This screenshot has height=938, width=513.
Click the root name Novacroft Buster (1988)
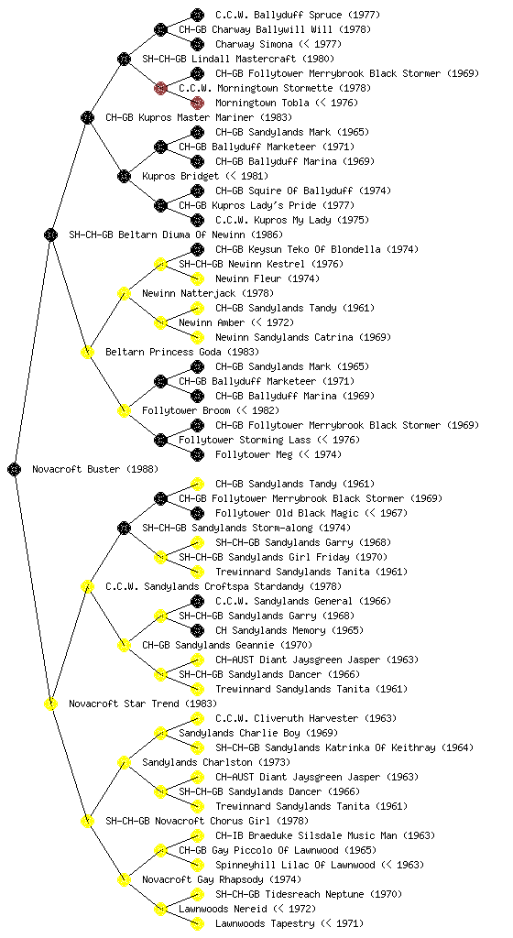pos(95,469)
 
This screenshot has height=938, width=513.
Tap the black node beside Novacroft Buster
pos(15,469)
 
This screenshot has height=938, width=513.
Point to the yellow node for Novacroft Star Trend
pos(50,703)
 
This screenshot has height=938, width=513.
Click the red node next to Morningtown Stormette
pos(160,88)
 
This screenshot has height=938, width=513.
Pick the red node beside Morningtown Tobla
pos(197,103)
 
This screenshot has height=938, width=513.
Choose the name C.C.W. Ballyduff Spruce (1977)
pos(298,15)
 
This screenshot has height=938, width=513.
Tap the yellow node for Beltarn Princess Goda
pos(87,352)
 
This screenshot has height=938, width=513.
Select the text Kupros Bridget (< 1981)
pos(205,176)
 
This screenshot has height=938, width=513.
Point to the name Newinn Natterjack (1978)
pos(208,293)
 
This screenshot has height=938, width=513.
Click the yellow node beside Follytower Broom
pos(124,410)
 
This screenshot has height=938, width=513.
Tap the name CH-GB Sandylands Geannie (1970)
pos(227,645)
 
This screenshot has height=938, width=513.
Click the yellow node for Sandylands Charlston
pos(124,762)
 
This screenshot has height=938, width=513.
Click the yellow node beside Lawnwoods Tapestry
pos(197,923)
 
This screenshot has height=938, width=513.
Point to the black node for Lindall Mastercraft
pos(124,59)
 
